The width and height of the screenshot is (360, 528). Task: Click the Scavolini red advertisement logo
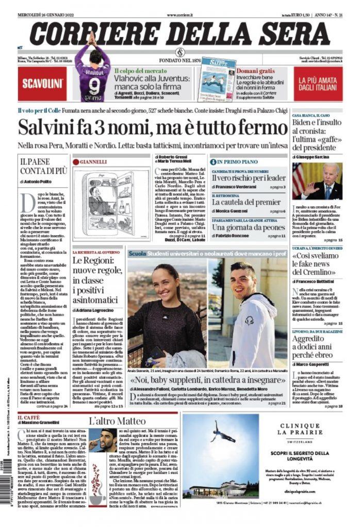[42, 83]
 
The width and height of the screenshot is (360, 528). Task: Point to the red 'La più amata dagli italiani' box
[318, 83]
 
